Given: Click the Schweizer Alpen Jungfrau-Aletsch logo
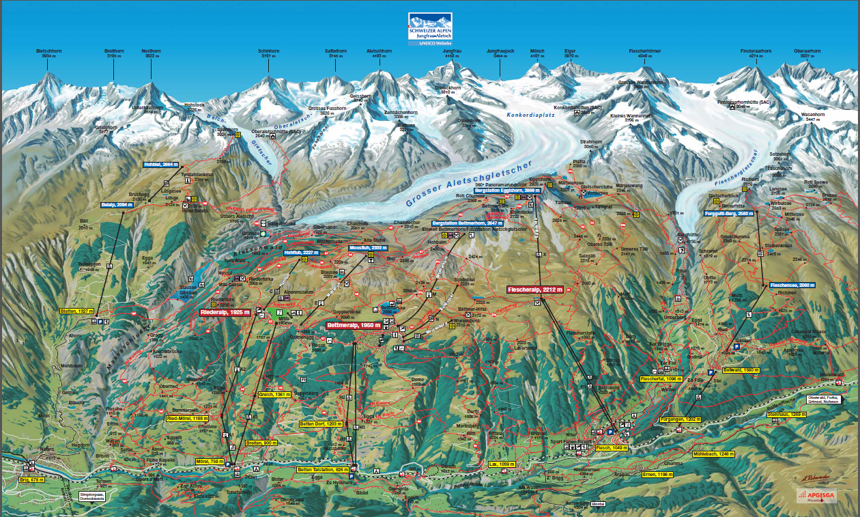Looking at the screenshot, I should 430,29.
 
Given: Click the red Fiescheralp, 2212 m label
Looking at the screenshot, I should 535,290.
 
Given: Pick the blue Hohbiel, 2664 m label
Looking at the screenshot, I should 160,165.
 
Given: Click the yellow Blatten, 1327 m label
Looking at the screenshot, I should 76,311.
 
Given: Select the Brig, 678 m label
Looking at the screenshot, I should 31,480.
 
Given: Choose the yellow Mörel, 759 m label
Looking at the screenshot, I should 210,462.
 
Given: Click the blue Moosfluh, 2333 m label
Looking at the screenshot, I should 368,247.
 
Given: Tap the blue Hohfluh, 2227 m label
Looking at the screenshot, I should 302,253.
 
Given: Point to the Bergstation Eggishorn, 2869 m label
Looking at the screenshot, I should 502,191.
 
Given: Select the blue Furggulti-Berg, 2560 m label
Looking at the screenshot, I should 729,214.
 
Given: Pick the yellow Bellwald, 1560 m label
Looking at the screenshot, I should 741,370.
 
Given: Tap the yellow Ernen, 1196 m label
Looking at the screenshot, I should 657,474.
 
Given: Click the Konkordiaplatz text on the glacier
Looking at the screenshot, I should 531,115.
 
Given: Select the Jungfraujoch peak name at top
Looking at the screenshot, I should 500,51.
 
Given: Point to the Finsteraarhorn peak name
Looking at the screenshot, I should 756,51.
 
